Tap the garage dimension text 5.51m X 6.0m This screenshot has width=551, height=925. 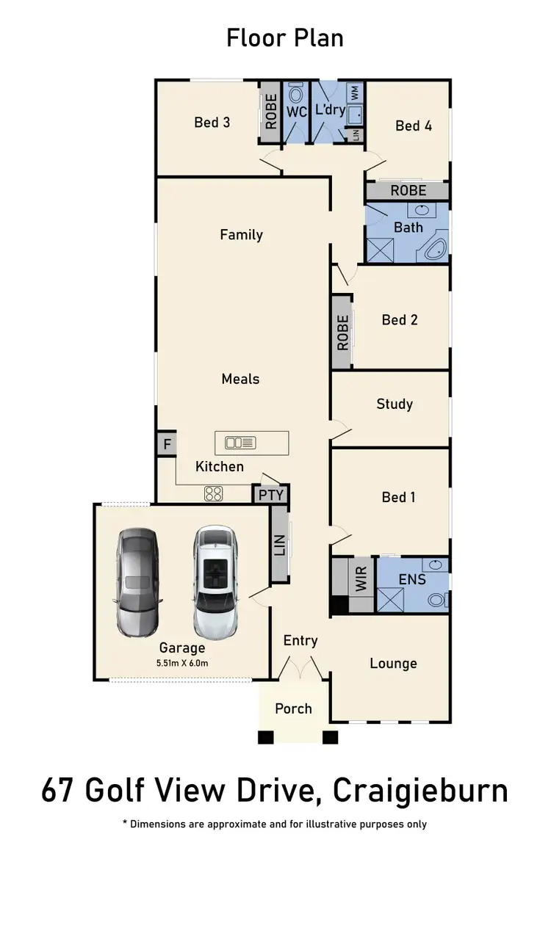click(182, 663)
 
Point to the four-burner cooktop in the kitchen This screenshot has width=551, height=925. click(213, 494)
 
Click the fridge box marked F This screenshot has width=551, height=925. click(167, 444)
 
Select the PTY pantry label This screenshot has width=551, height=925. click(271, 495)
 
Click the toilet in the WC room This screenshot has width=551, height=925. click(297, 95)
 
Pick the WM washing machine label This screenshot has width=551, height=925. click(355, 93)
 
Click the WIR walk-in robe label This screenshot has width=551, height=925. click(361, 578)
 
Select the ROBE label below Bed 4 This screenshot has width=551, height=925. click(408, 191)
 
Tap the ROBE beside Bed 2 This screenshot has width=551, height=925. click(342, 332)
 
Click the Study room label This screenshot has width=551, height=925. click(395, 404)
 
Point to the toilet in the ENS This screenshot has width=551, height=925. click(437, 598)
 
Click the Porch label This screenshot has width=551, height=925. click(293, 708)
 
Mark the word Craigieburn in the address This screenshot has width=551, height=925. click(420, 791)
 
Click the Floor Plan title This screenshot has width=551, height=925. click(284, 37)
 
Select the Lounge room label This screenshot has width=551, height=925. click(393, 664)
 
